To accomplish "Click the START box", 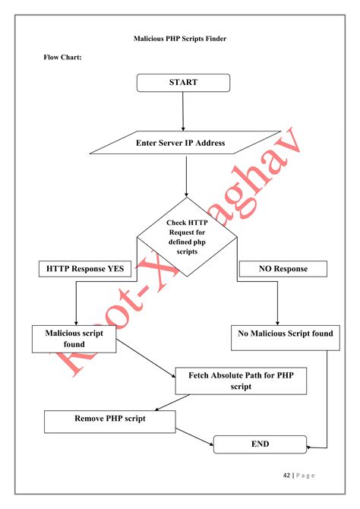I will (x=183, y=83).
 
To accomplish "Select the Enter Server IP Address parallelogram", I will (x=180, y=143).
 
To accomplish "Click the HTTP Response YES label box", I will (x=84, y=268).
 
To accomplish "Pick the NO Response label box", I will (x=283, y=269).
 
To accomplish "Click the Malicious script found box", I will (x=74, y=339).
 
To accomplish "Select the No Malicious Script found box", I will (x=286, y=334).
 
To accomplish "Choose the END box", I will (x=260, y=444).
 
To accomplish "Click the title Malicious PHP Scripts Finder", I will (x=180, y=38).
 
